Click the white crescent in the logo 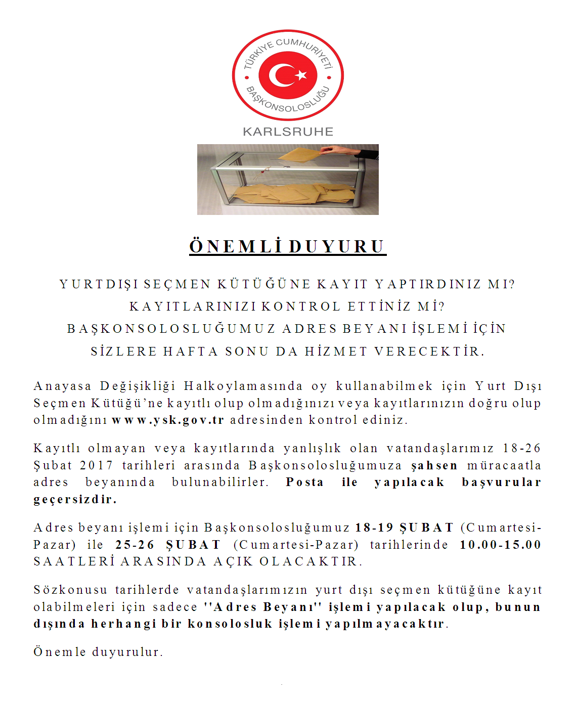tap(280, 76)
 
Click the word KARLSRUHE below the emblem tap(288, 132)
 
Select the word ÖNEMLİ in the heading tap(235, 246)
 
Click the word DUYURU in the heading tap(337, 246)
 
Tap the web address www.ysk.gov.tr tap(168, 420)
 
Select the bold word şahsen tap(434, 465)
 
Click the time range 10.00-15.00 tap(500, 545)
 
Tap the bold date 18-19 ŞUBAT tap(404, 528)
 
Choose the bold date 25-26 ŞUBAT tap(168, 545)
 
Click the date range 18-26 tap(522, 448)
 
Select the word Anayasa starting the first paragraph tap(63, 386)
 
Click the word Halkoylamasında tap(243, 386)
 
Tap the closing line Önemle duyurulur tap(99, 652)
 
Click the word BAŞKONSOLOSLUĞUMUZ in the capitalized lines tap(171, 329)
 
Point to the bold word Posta tap(304, 482)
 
